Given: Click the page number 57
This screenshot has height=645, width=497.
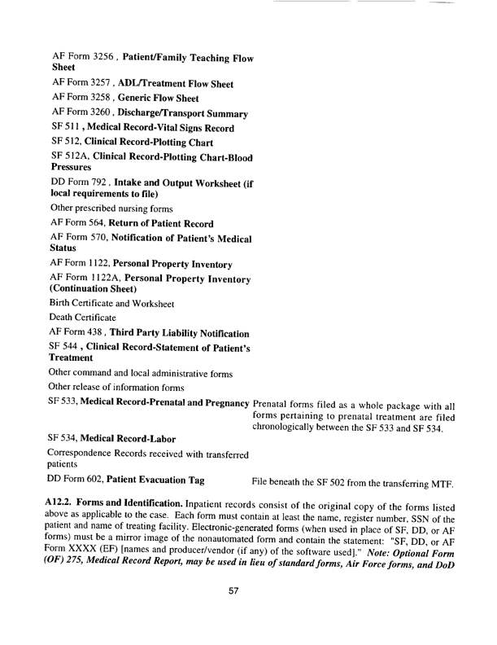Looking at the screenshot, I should [233, 612].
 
